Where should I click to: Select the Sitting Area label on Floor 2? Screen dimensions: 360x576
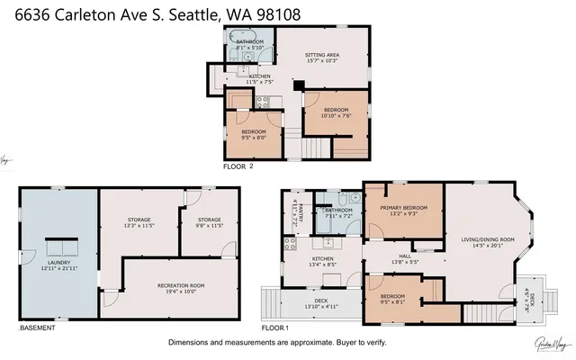pyautogui.click(x=322, y=58)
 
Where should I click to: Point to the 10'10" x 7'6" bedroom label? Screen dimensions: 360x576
pyautogui.click(x=335, y=114)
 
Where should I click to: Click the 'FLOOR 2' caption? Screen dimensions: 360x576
pyautogui.click(x=238, y=167)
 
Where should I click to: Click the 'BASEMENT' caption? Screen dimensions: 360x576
pyautogui.click(x=37, y=328)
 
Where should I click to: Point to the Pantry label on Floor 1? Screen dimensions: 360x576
pyautogui.click(x=301, y=215)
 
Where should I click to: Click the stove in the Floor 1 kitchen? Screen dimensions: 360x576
pyautogui.click(x=290, y=242)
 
